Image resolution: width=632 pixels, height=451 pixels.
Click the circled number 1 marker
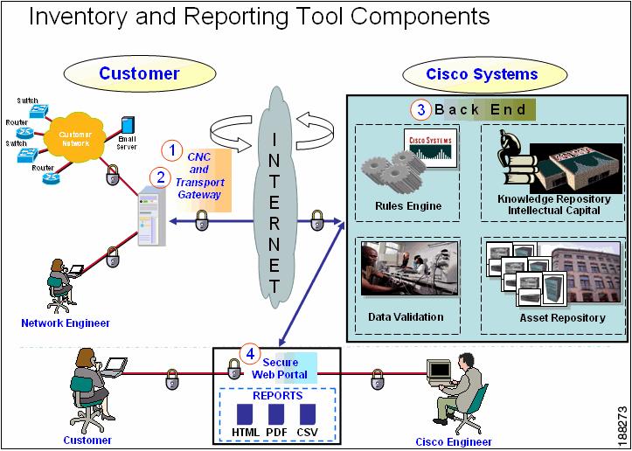[173, 150]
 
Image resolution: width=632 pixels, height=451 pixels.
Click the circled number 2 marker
[160, 177]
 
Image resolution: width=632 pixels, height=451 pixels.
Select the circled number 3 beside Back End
[420, 110]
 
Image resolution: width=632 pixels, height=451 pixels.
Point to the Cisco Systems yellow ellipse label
[482, 74]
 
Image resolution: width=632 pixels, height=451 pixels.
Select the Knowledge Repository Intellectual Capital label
[553, 205]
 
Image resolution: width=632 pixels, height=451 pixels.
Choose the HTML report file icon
[246, 413]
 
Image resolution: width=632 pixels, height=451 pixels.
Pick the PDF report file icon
[276, 413]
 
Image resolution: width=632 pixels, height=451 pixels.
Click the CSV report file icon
[307, 413]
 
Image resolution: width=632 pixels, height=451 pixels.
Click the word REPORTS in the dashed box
[277, 395]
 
